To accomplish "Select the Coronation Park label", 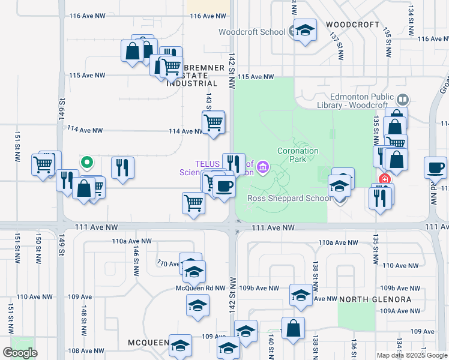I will point(297,155).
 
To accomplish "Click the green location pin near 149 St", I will point(86,162).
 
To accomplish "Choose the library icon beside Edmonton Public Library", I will point(403,99).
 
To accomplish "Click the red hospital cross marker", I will point(384,179).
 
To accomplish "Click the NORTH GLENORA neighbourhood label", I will point(375,299).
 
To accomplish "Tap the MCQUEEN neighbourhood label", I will point(148,343).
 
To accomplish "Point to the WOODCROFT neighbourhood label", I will point(353,25).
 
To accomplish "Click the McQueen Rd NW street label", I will point(199,288).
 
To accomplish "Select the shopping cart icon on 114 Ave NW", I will point(214,122).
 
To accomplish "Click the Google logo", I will point(20,352).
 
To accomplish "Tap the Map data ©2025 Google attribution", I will point(412,355).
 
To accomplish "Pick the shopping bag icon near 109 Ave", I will point(293,329).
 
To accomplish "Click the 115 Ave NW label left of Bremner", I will point(87,76).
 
